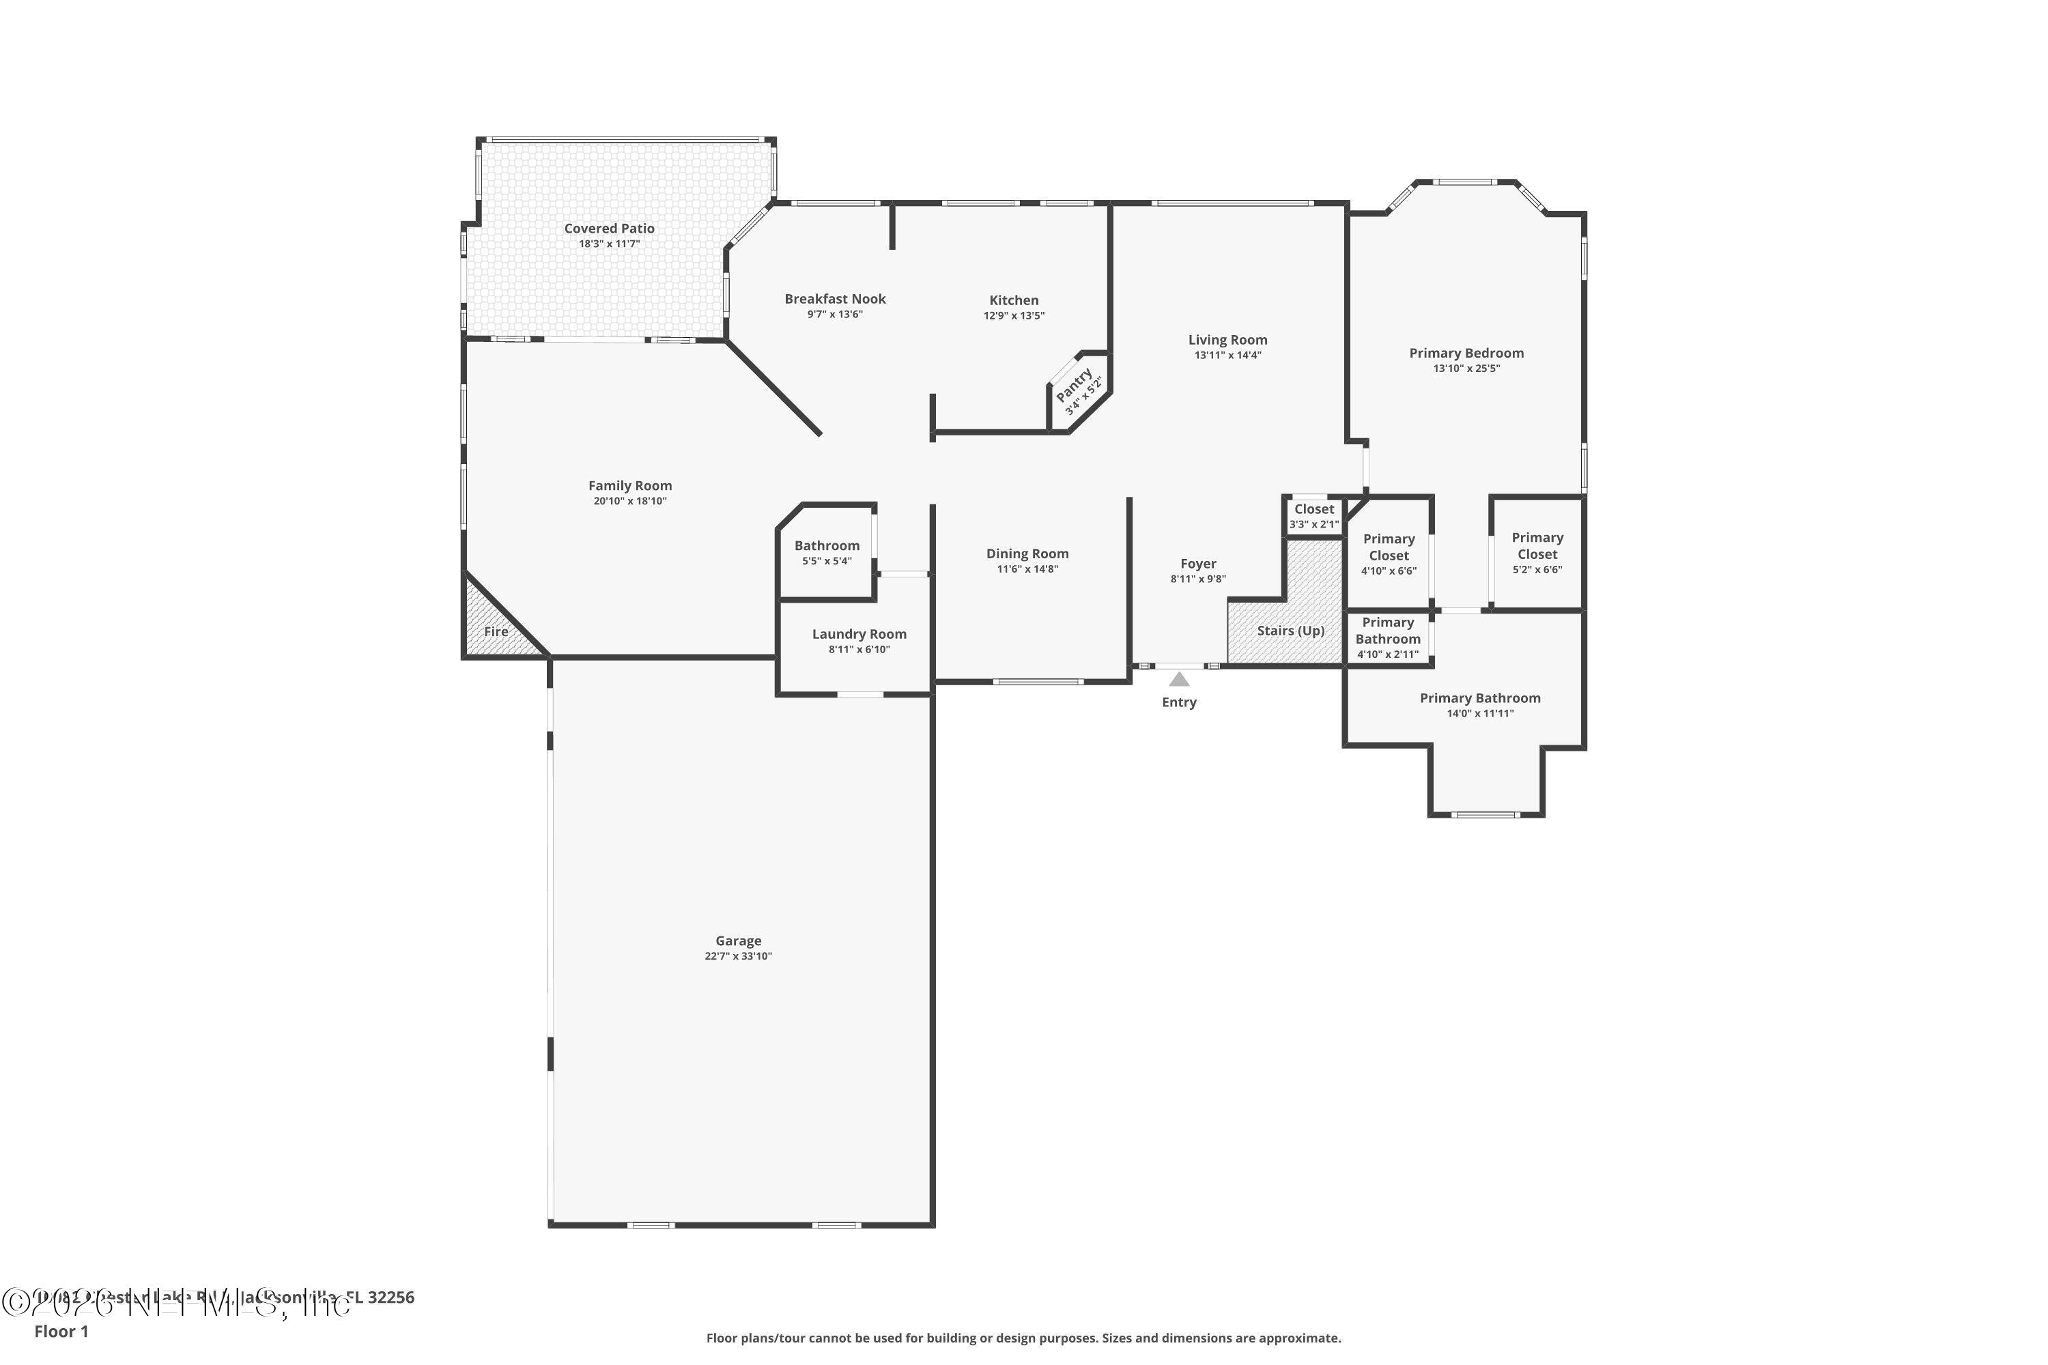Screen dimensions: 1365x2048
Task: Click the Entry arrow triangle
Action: coord(1179,679)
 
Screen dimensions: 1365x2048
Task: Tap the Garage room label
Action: coord(739,940)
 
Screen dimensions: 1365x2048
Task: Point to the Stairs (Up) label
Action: coord(1290,630)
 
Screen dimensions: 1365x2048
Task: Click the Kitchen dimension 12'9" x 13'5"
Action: coord(1014,316)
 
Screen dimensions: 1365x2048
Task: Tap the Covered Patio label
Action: coord(609,228)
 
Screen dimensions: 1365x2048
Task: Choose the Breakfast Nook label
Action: coord(835,299)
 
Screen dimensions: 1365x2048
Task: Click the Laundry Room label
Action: coord(859,634)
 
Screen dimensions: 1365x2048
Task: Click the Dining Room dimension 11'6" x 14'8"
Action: coord(1027,569)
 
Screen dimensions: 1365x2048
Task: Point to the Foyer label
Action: coord(1198,563)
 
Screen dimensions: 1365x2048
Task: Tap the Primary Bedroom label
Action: coord(1466,353)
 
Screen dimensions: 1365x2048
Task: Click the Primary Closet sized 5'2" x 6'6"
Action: coord(1537,553)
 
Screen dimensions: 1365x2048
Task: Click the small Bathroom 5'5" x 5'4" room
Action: coord(826,553)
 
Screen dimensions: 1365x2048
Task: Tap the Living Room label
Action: coord(1227,339)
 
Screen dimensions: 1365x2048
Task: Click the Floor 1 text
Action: coord(61,1331)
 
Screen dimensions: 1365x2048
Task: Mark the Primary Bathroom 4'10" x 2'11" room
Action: coord(1387,637)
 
